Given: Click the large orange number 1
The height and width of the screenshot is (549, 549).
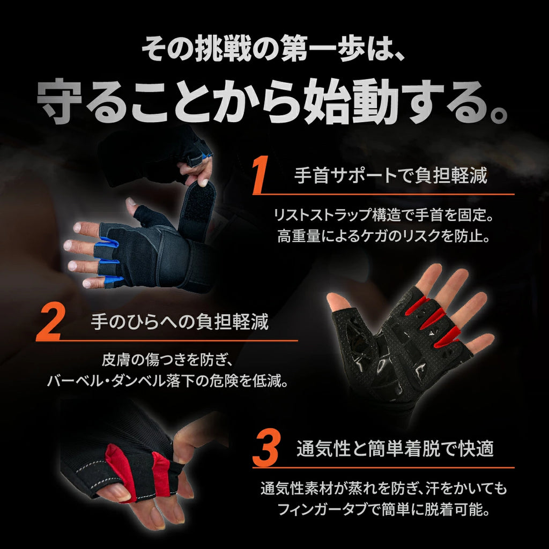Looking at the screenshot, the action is (x=261, y=175).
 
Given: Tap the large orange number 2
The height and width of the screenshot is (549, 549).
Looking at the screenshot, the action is (x=50, y=322).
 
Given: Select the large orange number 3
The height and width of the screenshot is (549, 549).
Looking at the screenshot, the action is (x=265, y=449).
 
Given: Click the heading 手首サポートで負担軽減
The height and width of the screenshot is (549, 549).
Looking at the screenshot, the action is (x=390, y=175).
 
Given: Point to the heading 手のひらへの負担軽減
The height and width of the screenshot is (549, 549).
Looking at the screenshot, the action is (x=179, y=322).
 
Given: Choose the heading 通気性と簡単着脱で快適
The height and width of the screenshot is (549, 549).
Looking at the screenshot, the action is (x=395, y=449).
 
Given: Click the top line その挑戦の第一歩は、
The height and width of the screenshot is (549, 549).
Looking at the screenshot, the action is (x=273, y=49).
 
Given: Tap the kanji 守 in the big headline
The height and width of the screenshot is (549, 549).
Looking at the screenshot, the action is (x=60, y=101).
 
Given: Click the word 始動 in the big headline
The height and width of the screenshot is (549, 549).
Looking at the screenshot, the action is (x=351, y=101).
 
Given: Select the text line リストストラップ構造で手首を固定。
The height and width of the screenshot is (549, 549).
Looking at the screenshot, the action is (x=384, y=214).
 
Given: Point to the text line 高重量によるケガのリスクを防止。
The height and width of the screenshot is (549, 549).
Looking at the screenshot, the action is (x=384, y=236).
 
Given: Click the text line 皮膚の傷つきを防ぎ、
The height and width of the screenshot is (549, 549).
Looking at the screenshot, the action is (x=167, y=360).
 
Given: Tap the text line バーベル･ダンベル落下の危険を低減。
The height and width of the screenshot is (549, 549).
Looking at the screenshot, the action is (x=167, y=381).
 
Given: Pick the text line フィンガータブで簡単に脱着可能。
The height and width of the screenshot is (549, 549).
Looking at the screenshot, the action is (x=384, y=509).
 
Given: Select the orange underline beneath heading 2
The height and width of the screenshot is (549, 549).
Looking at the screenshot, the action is (x=167, y=340).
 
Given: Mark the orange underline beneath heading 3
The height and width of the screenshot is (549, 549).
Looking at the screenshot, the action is (x=383, y=468).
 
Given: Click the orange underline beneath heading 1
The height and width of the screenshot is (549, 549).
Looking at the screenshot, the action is (x=383, y=194).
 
